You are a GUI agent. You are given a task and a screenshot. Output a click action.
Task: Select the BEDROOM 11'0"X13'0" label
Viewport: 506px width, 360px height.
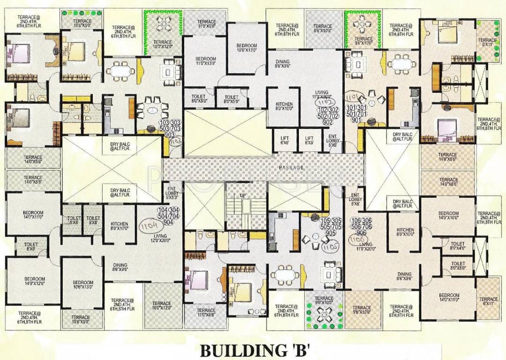(205, 61)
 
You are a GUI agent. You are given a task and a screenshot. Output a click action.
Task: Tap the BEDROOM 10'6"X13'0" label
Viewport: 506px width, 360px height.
(83, 285)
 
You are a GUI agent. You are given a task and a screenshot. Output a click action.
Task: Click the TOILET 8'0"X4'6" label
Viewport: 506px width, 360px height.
(457, 247)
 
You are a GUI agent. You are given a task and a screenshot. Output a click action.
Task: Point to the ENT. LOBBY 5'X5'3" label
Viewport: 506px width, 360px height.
(171, 192)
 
